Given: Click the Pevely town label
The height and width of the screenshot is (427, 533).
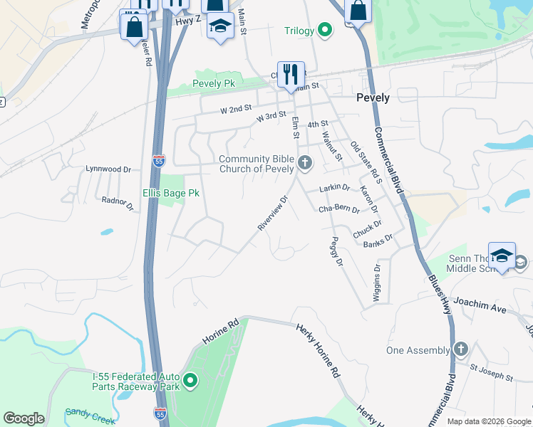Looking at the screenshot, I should point(373,97).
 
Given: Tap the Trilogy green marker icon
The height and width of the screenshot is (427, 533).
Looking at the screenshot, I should point(325,30).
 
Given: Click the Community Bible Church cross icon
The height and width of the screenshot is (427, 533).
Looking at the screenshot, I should point(305,164).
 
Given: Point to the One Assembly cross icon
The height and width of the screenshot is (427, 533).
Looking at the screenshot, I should point(461,349).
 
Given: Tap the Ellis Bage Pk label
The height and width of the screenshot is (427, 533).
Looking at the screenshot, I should point(171,193).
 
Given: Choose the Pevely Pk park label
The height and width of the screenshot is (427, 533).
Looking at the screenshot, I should point(214,83).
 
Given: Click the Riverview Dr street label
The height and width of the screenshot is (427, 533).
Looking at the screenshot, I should point(271,212).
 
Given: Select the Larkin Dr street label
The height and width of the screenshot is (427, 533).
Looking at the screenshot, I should point(334,188).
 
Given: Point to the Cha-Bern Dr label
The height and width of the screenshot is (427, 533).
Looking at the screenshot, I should point(338,209).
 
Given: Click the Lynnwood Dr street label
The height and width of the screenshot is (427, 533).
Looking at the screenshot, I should point(108,169).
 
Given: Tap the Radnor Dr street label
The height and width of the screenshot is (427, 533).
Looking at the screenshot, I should point(118,204).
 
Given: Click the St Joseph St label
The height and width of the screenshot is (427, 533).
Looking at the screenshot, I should point(491,375).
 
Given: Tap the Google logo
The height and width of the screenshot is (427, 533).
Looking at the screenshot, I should point(24,418).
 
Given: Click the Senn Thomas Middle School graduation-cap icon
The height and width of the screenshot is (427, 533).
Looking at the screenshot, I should point(502,257).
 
